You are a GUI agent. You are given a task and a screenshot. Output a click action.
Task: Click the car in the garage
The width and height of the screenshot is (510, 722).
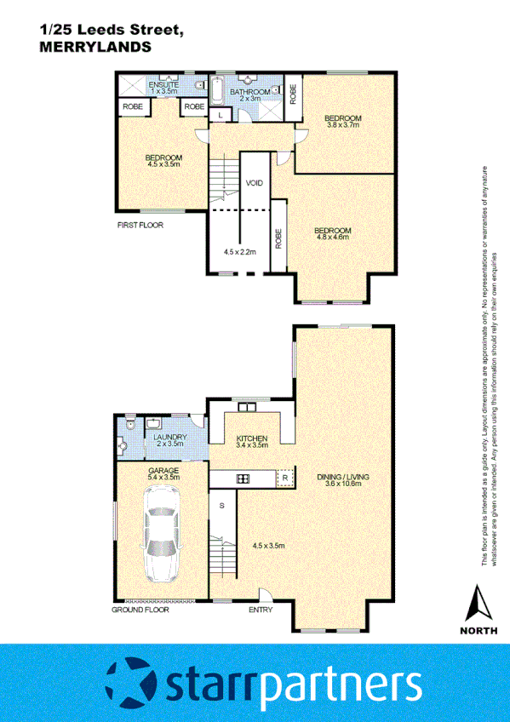(162, 539)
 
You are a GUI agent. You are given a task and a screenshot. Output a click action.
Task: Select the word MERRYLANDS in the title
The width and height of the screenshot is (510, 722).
(96, 49)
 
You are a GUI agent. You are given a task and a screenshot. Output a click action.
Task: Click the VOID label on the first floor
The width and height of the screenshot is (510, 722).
(254, 183)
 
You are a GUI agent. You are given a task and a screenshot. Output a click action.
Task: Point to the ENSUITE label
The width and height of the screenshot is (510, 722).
(163, 85)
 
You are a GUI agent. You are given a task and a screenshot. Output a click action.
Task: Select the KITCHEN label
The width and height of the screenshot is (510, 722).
(252, 438)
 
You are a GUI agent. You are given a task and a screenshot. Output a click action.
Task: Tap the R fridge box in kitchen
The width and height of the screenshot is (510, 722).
(285, 479)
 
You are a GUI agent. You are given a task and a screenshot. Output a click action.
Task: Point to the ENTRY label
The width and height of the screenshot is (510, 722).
(261, 610)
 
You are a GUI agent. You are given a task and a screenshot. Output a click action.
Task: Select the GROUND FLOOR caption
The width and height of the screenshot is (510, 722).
(141, 610)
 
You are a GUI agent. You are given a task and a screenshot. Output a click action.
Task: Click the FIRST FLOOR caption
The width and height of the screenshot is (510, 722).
(140, 225)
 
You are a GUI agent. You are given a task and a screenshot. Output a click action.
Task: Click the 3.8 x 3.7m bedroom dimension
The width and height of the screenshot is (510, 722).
(344, 124)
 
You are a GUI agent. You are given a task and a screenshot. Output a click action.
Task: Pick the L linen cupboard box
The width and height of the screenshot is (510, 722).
(220, 114)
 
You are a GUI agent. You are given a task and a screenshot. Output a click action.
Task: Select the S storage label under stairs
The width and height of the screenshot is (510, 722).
(222, 506)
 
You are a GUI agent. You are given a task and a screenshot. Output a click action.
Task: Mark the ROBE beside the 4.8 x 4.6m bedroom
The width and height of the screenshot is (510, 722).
(278, 237)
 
